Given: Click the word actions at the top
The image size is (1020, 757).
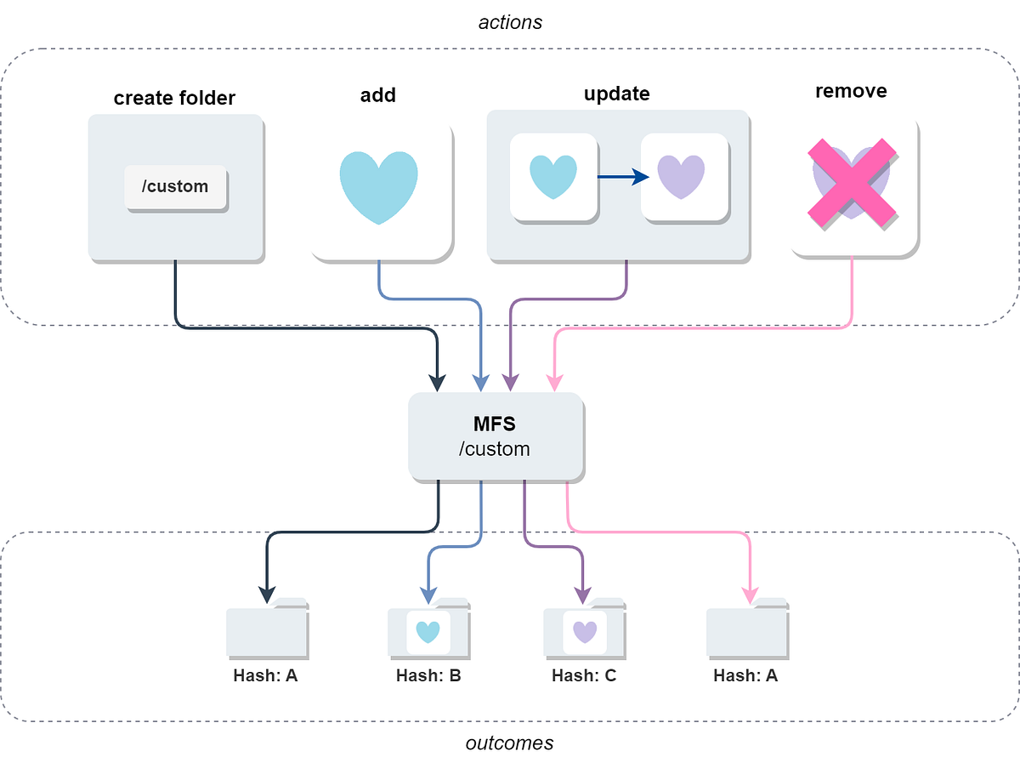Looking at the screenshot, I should tap(510, 22).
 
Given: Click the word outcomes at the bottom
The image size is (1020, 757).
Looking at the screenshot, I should tap(509, 743).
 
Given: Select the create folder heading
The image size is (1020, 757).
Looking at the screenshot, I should tap(174, 99).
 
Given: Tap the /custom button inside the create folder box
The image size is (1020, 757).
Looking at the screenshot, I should tap(175, 186).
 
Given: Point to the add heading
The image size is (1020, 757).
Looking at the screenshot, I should tap(377, 94).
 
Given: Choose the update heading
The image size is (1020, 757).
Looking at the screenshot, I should tap(616, 94).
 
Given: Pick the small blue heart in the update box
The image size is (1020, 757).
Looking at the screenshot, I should tap(552, 177).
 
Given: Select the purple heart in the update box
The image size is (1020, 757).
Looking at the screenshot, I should tap(682, 177).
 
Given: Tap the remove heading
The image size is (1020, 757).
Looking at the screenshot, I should tap(850, 91).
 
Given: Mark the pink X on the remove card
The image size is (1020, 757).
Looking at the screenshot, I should tap(851, 183).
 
